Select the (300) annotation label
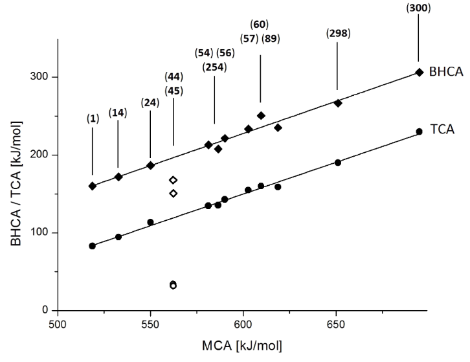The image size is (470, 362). (418, 8)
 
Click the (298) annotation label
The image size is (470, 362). (337, 34)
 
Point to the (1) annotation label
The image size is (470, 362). (93, 119)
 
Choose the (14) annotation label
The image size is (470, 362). (118, 112)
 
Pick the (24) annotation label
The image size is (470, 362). (150, 103)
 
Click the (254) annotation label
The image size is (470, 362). (214, 66)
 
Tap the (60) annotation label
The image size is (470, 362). (260, 25)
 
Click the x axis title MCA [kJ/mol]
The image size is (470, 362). (243, 344)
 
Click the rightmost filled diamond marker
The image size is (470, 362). (419, 72)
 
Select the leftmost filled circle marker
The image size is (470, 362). (93, 246)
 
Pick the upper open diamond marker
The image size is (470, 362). (173, 180)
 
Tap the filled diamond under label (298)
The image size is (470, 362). (337, 103)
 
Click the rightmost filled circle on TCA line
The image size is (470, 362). (419, 131)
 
